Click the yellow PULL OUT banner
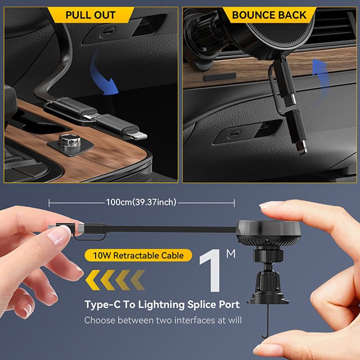91,15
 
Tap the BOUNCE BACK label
269,15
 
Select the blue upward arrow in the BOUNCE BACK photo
321,80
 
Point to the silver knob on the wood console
70,141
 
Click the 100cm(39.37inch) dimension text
141,202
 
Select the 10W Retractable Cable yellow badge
138,255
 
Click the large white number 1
211,271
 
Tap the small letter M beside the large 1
231,254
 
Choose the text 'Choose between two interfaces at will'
163,320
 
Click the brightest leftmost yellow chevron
93,280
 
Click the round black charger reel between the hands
268,232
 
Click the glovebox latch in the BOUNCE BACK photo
234,134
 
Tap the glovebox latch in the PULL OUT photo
108,33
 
